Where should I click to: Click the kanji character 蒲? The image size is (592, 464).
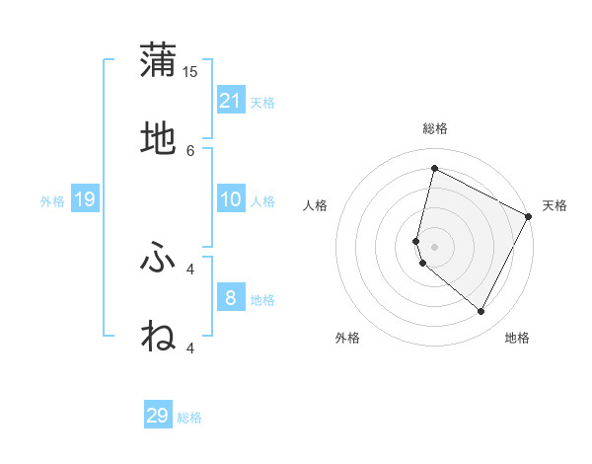(158, 62)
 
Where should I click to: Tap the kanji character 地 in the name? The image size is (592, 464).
(158, 140)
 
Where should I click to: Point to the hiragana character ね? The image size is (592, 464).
(158, 336)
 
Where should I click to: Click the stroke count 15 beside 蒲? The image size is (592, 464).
(190, 72)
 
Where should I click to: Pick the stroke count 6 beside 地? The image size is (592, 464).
(190, 150)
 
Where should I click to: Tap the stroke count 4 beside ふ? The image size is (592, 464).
(190, 268)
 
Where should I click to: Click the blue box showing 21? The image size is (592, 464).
(231, 101)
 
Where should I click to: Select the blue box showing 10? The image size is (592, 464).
(231, 199)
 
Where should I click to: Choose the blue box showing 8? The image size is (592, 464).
(231, 297)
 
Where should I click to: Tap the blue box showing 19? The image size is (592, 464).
(85, 200)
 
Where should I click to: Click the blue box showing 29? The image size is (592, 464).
(158, 416)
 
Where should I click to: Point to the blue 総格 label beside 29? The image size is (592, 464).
(190, 419)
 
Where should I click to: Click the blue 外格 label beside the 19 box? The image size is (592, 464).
(52, 201)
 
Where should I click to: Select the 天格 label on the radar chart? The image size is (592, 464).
(555, 205)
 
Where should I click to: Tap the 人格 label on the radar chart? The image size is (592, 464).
(316, 205)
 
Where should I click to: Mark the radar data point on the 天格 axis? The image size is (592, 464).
(529, 216)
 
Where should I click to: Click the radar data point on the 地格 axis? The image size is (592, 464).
(481, 312)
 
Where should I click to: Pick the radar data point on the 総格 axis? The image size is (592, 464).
(434, 169)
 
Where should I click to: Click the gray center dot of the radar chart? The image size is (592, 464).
(434, 247)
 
